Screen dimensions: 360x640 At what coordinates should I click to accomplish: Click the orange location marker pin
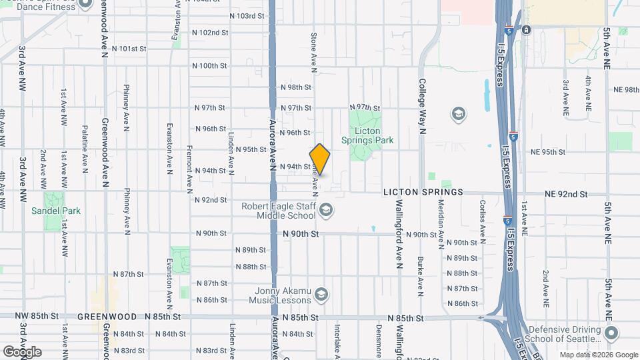pos(320,159)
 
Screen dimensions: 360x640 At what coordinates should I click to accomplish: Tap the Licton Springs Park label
pos(367,135)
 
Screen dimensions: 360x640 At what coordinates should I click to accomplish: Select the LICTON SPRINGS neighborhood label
pos(423,192)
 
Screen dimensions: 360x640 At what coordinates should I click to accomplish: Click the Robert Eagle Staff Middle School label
pos(279,211)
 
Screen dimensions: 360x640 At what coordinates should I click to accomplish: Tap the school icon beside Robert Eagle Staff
pos(326,211)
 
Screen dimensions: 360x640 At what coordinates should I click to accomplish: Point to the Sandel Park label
pos(56,211)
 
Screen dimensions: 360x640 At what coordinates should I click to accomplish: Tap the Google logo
pos(22,352)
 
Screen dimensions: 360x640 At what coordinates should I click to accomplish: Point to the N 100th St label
pos(209,65)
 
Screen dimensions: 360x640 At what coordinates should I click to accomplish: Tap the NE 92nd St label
pos(566,195)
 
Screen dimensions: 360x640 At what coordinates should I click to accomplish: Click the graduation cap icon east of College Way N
pos(458,115)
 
